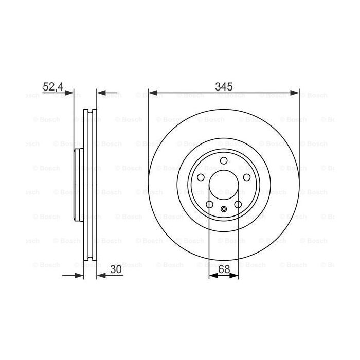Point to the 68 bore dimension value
coord(224,268)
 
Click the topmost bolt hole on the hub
coord(223,161)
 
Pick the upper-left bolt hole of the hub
coord(200,178)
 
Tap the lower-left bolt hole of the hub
coord(209,205)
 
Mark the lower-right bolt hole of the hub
coord(238,205)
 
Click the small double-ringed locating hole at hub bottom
coord(224,209)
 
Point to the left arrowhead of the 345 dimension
coord(151,93)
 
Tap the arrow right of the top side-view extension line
coord(101,93)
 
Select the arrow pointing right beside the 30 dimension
coord(79,276)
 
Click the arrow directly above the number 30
coord(101,276)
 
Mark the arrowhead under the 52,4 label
coord(70,93)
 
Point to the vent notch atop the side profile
coord(90,111)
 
